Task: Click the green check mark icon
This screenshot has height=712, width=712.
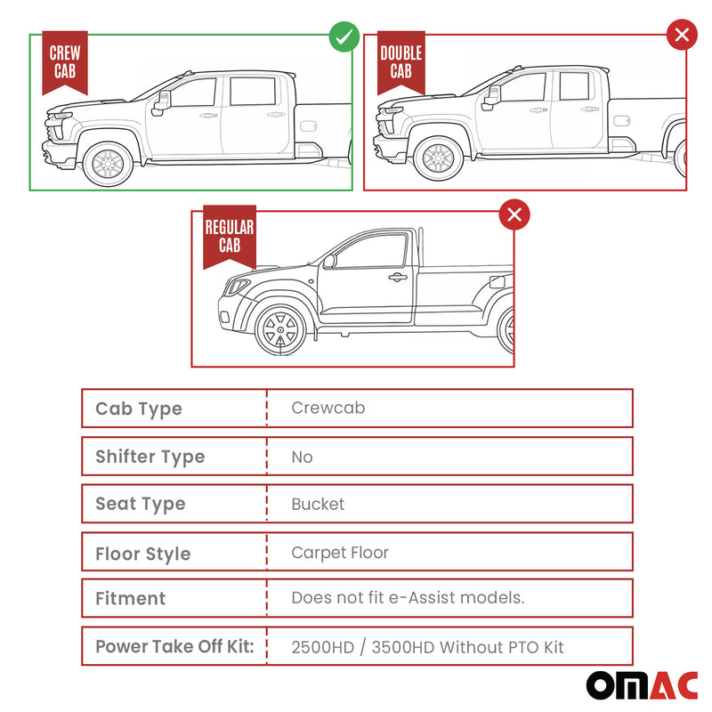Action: [344, 36]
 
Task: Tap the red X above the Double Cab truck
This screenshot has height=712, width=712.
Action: [683, 36]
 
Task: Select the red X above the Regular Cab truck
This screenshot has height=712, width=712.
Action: [514, 214]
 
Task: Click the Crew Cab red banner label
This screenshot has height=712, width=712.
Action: [65, 62]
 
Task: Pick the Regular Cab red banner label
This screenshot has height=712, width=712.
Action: [229, 237]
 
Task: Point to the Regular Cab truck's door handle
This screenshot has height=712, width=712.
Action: [398, 278]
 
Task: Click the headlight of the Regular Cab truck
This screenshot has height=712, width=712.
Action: [238, 287]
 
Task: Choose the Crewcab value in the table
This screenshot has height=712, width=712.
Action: [328, 409]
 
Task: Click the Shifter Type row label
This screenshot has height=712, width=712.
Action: [150, 457]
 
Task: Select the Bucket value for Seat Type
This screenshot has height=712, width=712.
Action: [318, 504]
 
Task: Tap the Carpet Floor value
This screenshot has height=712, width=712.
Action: [340, 553]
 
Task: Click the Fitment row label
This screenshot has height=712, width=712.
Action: [130, 599]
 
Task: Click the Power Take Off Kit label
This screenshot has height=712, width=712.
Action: [174, 647]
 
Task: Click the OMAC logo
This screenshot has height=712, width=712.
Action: [641, 684]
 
